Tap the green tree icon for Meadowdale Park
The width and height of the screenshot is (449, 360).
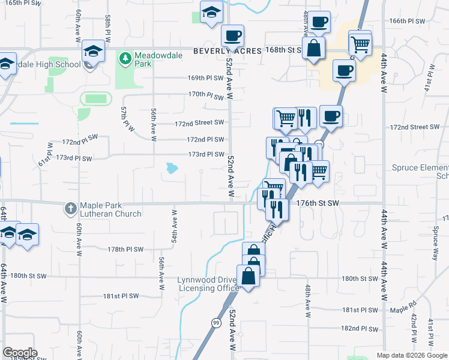[125, 58]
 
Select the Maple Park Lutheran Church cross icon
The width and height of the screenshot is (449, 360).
[71, 209]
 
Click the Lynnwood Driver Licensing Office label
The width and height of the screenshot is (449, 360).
[208, 284]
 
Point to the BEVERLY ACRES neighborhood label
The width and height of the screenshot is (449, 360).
[228, 52]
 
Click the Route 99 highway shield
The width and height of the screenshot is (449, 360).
[215, 322]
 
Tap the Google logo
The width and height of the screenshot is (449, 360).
[20, 352]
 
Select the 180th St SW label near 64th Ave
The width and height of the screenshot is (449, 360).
[28, 276]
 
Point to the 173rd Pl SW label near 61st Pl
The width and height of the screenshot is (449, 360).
[74, 158]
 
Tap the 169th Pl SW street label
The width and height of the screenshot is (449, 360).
[206, 78]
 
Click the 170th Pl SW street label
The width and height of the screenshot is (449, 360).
[206, 95]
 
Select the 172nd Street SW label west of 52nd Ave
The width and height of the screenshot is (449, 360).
[199, 123]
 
